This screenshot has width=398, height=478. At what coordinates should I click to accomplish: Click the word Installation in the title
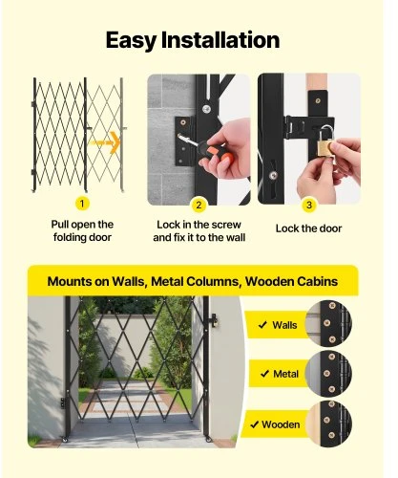(220, 40)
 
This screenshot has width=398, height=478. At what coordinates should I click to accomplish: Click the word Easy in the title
(131, 41)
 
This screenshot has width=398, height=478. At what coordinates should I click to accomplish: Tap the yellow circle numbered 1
(82, 204)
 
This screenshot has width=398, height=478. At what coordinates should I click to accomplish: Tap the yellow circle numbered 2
(199, 205)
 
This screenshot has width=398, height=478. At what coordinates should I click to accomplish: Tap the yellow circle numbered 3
(309, 205)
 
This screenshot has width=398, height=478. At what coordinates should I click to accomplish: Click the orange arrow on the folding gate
(104, 142)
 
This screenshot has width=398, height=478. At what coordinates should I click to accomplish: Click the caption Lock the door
(308, 228)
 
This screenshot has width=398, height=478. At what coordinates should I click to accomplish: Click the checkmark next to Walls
(262, 325)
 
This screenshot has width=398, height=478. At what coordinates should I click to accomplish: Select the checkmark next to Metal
(264, 374)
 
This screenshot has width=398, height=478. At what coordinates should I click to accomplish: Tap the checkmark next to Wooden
(254, 424)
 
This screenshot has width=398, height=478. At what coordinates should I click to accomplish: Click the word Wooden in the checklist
(281, 424)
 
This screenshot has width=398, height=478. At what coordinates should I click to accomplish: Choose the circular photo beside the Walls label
(328, 323)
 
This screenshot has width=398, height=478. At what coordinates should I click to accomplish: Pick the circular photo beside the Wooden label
(329, 424)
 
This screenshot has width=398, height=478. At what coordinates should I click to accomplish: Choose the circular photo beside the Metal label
(328, 374)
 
